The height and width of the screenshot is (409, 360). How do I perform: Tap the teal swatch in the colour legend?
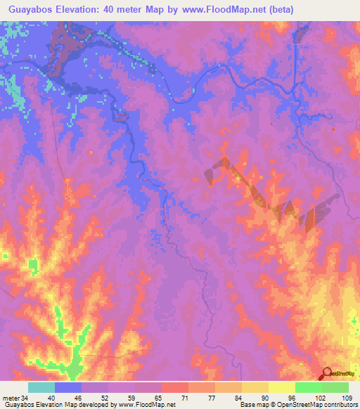click(x=41, y=387)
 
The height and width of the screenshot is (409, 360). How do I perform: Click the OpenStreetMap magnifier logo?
click(x=327, y=374)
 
